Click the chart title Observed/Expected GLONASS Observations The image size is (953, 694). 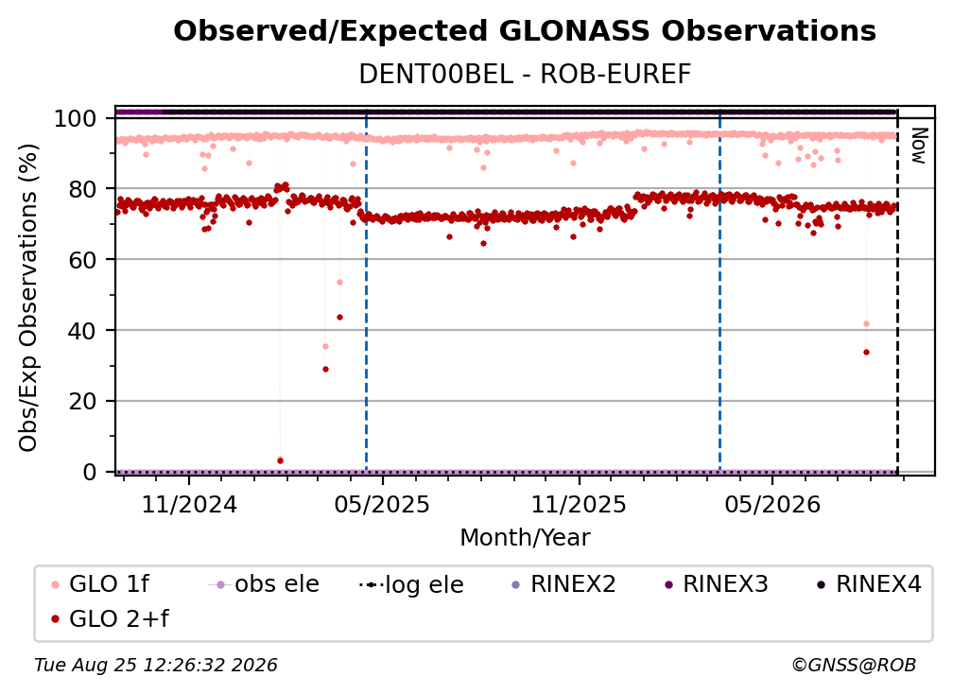(x=525, y=31)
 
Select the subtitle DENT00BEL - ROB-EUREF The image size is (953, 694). (x=525, y=75)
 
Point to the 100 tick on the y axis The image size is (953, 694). (x=76, y=118)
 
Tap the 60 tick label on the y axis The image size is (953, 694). (x=82, y=260)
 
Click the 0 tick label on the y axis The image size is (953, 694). (x=90, y=472)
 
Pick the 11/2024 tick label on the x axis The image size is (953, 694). (x=189, y=504)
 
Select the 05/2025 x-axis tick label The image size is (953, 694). (x=382, y=504)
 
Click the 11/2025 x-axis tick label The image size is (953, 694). (x=579, y=504)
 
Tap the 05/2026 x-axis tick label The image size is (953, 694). (x=771, y=504)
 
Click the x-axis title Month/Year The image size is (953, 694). (x=525, y=538)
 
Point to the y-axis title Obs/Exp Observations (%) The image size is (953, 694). (x=28, y=298)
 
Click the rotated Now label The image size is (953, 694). (x=919, y=146)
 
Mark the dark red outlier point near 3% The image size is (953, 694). (x=280, y=461)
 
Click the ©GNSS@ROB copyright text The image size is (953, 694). (x=854, y=666)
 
